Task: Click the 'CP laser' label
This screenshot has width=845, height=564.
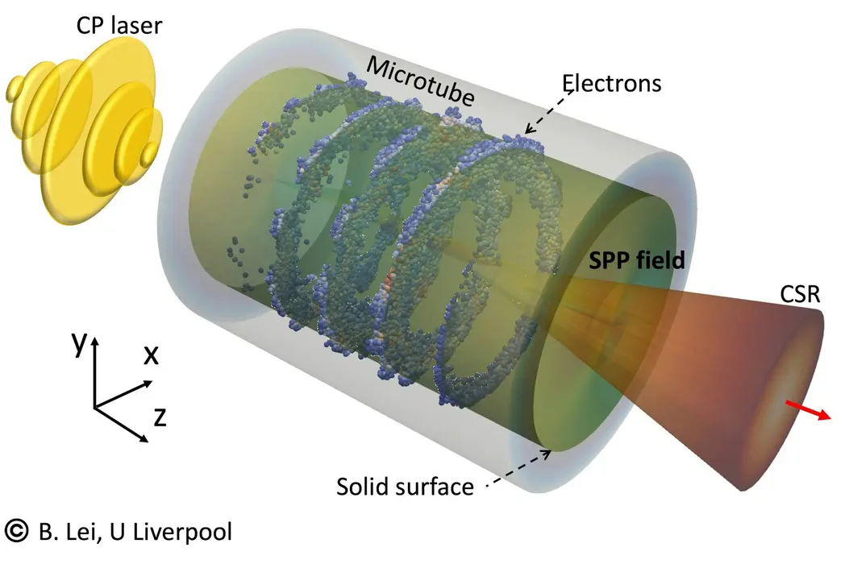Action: [x=119, y=25]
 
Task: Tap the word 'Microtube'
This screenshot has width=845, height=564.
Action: [x=420, y=81]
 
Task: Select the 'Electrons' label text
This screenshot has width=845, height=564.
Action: [x=612, y=84]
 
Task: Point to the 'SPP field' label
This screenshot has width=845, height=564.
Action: [x=636, y=260]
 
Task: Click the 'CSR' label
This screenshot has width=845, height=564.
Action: [x=800, y=294]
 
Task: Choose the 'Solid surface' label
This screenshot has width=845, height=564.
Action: [x=405, y=487]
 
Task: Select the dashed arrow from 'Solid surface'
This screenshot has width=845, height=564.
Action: [x=519, y=469]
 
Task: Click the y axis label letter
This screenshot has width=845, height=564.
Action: [x=79, y=342]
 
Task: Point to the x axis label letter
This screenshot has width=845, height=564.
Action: [x=151, y=355]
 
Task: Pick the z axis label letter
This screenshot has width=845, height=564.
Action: [x=160, y=417]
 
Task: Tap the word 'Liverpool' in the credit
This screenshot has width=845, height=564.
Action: [x=182, y=533]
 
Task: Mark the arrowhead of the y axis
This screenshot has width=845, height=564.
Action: [x=95, y=341]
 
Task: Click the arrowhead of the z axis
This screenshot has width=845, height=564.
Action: [x=144, y=438]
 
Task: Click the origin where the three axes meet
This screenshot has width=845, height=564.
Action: [x=95, y=407]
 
